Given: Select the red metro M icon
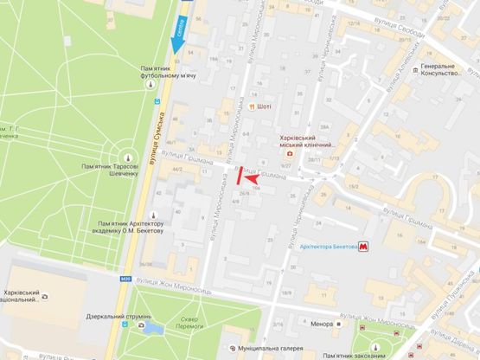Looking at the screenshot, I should pyautogui.click(x=366, y=247).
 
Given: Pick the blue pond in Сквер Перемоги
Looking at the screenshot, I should pyautogui.click(x=152, y=328).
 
